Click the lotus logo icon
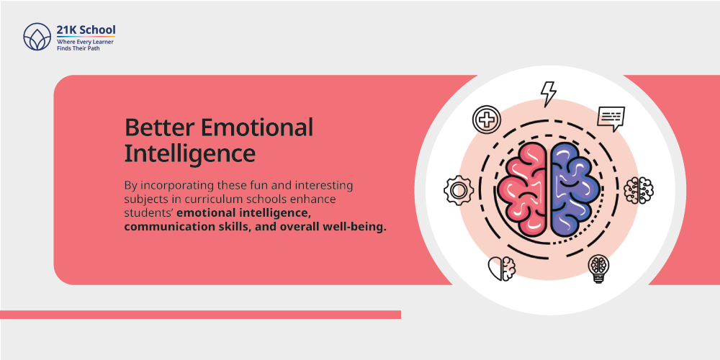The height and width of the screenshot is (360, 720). [x=37, y=37]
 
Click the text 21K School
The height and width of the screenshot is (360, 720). [x=86, y=30]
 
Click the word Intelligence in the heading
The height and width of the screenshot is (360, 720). [x=190, y=155]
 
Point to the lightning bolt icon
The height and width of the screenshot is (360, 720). [x=548, y=94]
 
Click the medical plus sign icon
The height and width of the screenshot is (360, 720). [x=486, y=119]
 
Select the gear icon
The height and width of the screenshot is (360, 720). [x=458, y=190]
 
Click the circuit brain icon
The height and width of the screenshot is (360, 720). [x=638, y=190]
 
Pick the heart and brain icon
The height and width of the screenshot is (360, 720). [x=501, y=268]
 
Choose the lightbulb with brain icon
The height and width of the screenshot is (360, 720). [x=599, y=269]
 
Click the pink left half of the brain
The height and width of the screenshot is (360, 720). [x=523, y=187]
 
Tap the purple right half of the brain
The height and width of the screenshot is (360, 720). [x=575, y=187]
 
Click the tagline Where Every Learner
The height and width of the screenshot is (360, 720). [x=85, y=42]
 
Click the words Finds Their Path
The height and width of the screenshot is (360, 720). [x=78, y=48]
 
